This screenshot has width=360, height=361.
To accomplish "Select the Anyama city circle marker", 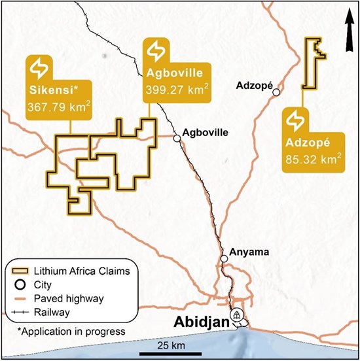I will (225, 260).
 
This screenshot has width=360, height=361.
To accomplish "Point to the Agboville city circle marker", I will (176, 138).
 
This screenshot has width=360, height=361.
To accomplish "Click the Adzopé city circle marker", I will (277, 92).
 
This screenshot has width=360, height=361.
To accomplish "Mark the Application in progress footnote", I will (71, 332).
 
